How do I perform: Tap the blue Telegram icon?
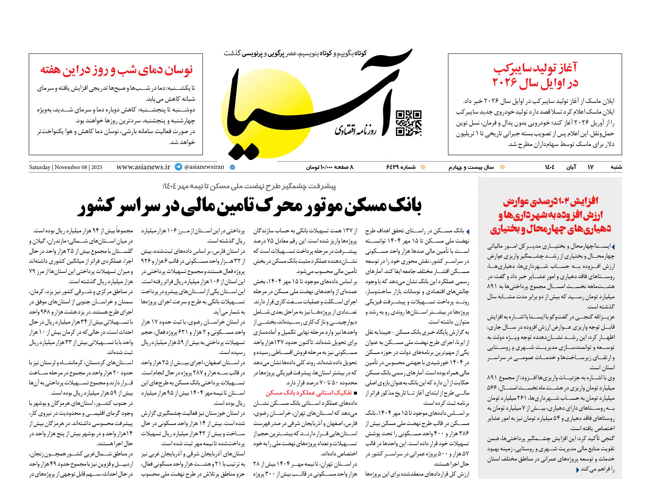coord(178,167)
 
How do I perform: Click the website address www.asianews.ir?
coord(143,167)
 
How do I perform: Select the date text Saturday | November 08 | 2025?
coord(66,167)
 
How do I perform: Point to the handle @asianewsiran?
coord(204,167)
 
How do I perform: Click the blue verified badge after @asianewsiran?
coord(232,167)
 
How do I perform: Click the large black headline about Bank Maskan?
coord(249,206)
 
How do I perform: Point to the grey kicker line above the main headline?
coord(249,186)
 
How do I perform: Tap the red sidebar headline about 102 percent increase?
coord(550,215)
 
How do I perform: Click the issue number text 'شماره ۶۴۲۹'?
coord(401,167)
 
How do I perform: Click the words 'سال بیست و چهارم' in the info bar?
coord(471,167)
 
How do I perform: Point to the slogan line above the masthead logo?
coord(295,53)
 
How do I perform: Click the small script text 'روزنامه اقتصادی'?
coord(355,130)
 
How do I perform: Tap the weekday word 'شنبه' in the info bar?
coord(616,167)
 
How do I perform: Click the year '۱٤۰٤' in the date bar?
coord(549,167)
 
